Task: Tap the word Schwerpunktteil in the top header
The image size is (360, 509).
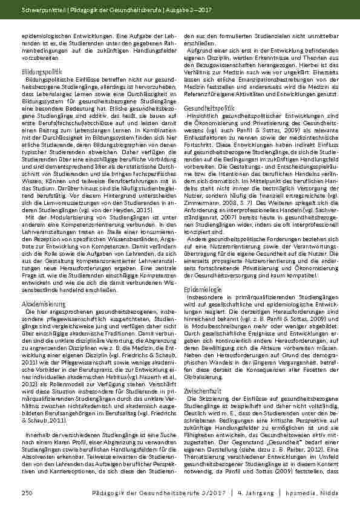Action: tap(41, 10)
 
